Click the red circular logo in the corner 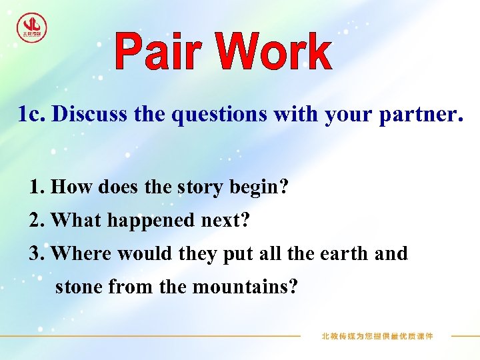pos(32,28)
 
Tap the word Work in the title pos(274,53)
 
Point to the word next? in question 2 pos(220,221)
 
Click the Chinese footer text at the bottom pos(377,336)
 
